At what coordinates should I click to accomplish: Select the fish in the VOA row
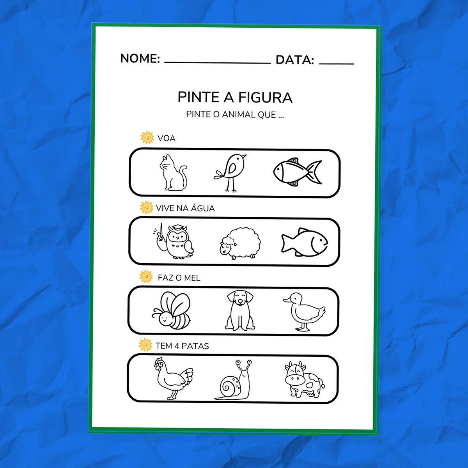point(297,172)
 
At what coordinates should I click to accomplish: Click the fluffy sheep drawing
point(240,244)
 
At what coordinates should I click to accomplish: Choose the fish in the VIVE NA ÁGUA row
point(305,242)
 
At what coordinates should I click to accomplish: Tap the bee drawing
point(171,310)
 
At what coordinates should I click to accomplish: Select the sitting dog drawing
point(240,310)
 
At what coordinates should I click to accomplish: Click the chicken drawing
point(174,378)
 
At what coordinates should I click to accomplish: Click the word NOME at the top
point(140,58)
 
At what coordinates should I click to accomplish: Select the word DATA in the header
point(295,60)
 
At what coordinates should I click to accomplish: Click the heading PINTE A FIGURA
point(235,97)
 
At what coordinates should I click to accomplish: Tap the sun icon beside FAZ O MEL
point(146,277)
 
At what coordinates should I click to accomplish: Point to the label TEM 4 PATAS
point(182,346)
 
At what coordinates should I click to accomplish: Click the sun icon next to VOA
point(147,138)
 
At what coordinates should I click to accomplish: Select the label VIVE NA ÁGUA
point(185,208)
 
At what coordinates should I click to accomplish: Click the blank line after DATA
point(337,64)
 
